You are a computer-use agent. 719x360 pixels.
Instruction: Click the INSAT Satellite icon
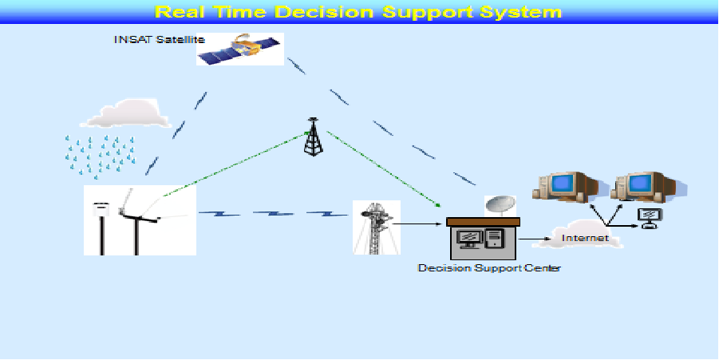point(239,49)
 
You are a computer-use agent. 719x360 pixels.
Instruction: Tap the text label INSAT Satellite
point(159,39)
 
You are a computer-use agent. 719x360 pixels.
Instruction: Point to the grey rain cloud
point(124,113)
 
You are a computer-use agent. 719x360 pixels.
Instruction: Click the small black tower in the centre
point(313,136)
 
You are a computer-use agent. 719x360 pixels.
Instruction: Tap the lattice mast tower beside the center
point(376,228)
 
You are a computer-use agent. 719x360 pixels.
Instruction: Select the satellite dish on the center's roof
point(500,206)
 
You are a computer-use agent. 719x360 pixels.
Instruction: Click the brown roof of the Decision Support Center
point(483,222)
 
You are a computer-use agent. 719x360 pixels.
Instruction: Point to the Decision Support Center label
point(489,268)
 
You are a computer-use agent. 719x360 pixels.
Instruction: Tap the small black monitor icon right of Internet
point(650,218)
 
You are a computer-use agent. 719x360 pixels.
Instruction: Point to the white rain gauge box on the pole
point(100,209)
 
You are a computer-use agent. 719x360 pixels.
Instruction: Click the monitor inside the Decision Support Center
point(469,239)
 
